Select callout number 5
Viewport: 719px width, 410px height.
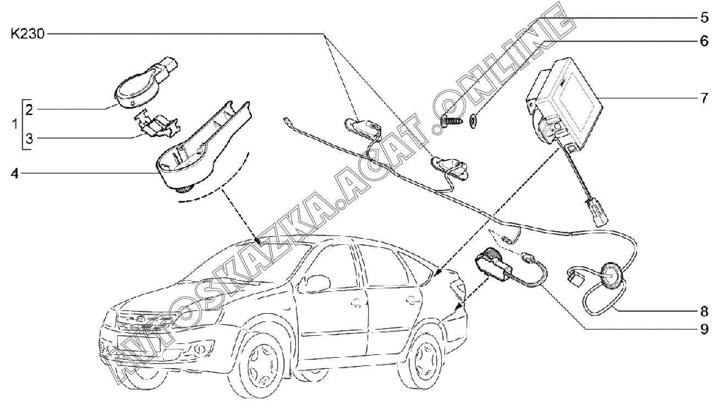tap(704, 18)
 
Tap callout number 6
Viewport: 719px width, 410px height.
tap(704, 41)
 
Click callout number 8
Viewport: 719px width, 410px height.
tap(704, 311)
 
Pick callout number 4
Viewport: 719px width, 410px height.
tap(14, 174)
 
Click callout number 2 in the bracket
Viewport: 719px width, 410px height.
tap(30, 109)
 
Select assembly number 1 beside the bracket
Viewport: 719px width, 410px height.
tap(15, 124)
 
